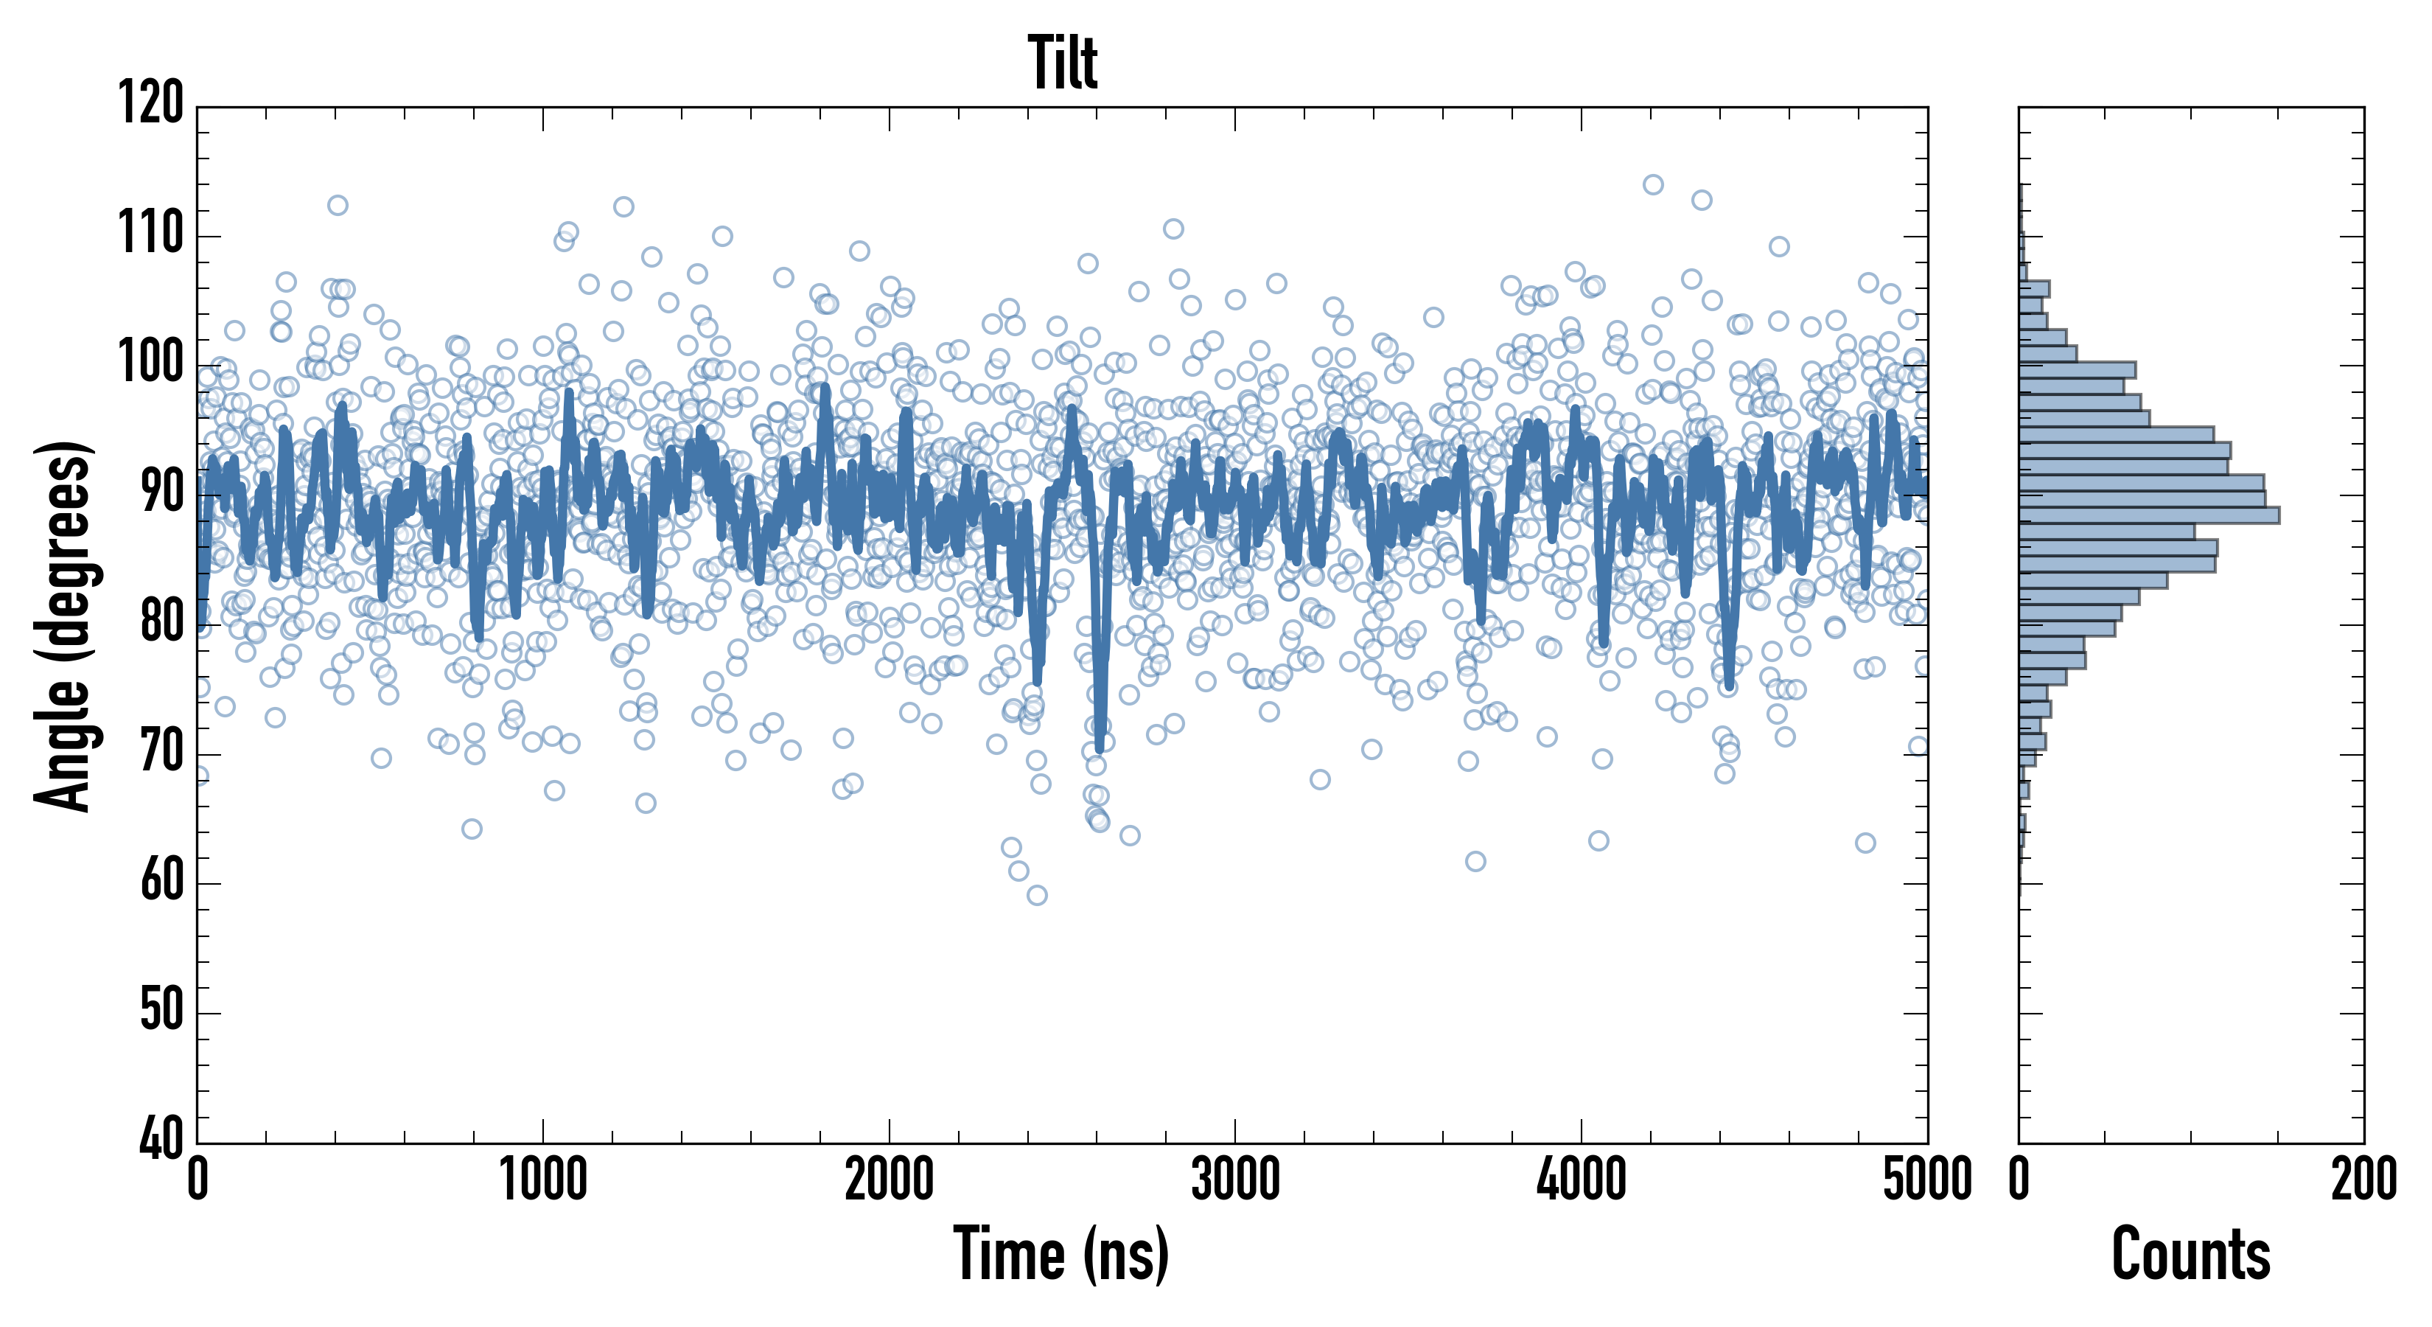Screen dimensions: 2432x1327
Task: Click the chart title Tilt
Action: click(1063, 63)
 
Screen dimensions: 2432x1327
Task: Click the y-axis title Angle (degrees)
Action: click(63, 626)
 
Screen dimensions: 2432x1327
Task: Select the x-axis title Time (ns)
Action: click(1062, 1253)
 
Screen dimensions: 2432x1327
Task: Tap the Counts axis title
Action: click(2191, 1253)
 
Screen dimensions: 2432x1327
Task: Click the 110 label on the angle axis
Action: click(151, 232)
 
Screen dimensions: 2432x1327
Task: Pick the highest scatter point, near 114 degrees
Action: click(1653, 184)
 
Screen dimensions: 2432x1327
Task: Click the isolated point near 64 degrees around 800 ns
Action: click(472, 829)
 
